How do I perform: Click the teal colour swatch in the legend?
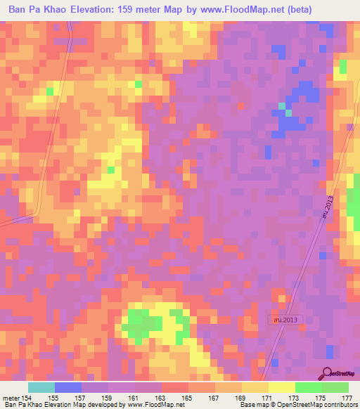pyautogui.click(x=41, y=387)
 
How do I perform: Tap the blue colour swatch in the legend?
pyautogui.click(x=68, y=387)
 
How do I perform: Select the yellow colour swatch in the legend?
pyautogui.click(x=282, y=387)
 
